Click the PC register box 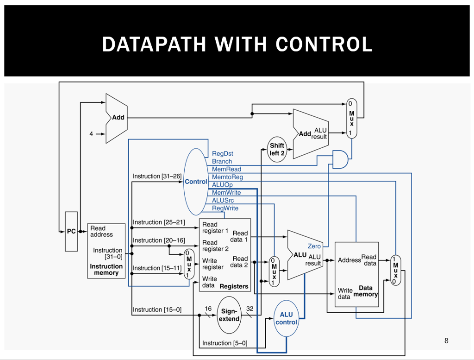point(71,231)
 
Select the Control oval point(196,182)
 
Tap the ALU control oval point(286,318)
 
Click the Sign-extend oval point(229,315)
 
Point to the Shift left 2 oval point(277,149)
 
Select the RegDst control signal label point(223,153)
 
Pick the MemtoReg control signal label point(227,177)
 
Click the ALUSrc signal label point(223,201)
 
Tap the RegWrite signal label point(225,208)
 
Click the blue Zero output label point(314,246)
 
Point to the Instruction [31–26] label point(157,177)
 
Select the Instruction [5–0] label point(225,343)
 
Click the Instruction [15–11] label point(157,268)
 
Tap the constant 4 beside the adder point(91,134)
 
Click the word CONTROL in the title point(324,44)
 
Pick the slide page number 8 point(446,341)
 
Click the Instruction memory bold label point(106,270)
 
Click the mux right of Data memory point(395,270)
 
